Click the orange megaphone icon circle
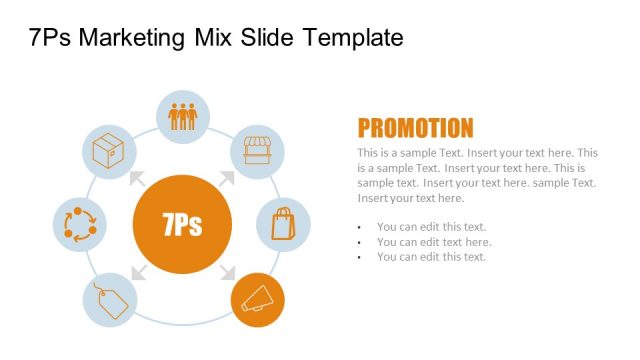coord(258,298)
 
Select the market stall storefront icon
coord(258,151)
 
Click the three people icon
coord(183,116)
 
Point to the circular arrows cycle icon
coord(79,224)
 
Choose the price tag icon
coord(107,299)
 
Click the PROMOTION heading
coord(415,128)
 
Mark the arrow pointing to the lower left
coord(137,271)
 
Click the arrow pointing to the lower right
coord(227,270)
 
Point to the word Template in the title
coord(354,38)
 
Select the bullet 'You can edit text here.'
coord(434,242)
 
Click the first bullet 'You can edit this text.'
coord(431,227)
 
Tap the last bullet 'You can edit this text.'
coord(431,257)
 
